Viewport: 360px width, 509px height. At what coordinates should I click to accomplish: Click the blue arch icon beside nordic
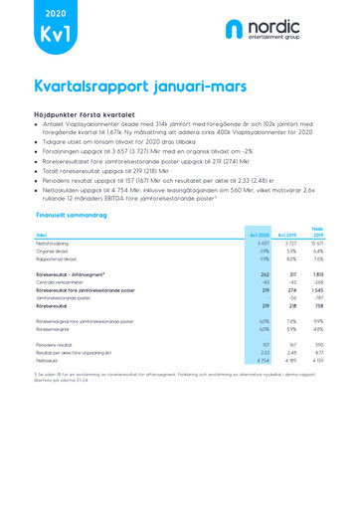(x=235, y=30)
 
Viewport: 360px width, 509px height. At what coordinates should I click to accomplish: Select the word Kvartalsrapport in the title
(x=95, y=86)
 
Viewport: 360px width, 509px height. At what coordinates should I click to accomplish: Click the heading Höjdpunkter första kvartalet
(x=91, y=116)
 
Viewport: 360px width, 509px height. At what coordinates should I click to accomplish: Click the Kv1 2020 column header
(x=261, y=235)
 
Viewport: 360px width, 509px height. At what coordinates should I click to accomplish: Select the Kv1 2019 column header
(x=289, y=235)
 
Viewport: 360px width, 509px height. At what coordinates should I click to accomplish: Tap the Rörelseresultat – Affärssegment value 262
(x=266, y=273)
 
